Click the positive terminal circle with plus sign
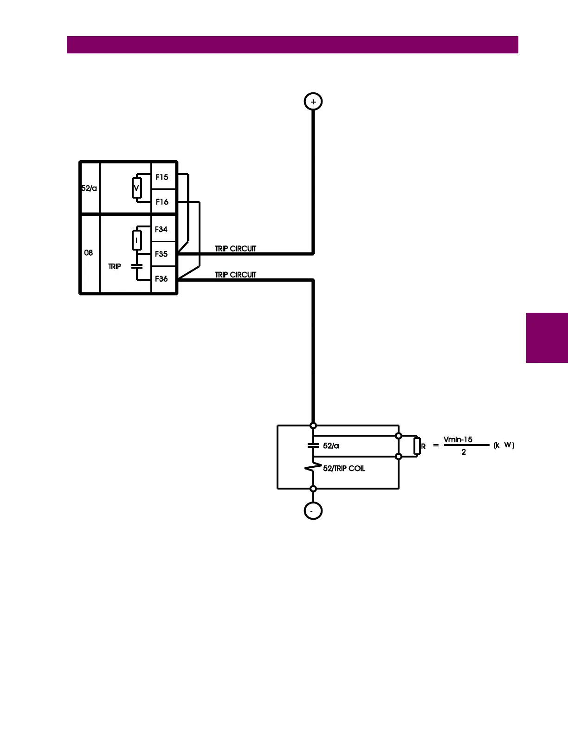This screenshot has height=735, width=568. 313,102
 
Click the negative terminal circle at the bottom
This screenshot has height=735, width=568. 313,511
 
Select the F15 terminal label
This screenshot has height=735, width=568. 162,177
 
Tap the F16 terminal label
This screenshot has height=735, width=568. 162,202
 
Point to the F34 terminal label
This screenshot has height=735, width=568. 161,229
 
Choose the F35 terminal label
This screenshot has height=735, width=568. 161,254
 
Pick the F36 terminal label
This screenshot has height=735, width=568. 161,279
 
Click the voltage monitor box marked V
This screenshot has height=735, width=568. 136,188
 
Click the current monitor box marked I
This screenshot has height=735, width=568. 136,240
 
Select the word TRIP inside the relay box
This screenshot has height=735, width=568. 115,267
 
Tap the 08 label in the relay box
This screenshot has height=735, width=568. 88,253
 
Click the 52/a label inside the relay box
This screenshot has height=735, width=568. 89,188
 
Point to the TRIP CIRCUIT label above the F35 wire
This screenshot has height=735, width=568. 235,249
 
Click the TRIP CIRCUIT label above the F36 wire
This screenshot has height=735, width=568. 235,275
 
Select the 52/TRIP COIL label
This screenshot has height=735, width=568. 344,469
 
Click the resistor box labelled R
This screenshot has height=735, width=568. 417,446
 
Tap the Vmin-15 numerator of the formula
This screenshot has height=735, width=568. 458,439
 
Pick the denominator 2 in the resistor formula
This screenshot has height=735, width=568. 464,452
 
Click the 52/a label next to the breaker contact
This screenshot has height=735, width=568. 331,446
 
